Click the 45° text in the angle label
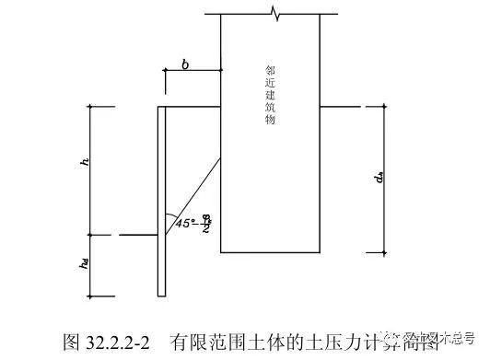click(180, 222)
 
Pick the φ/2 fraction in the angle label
click(208, 221)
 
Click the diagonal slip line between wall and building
click(193, 198)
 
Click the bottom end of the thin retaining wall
click(159, 295)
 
